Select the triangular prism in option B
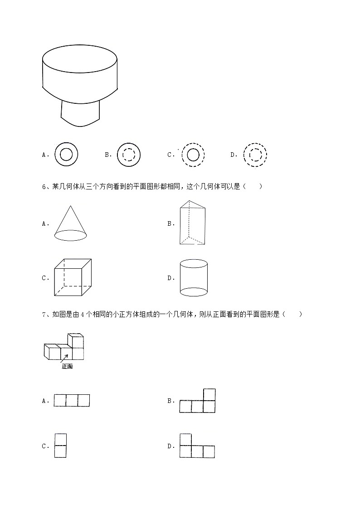pos(192,223)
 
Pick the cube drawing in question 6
pos(73,278)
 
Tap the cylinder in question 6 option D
pos(194,277)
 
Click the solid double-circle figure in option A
pos(66,155)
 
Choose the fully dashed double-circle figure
pos(254,155)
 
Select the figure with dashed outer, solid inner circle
pos(193,155)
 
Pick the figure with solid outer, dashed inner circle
pos(129,155)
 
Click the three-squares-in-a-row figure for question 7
pos(72,401)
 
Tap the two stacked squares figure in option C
pos(60,446)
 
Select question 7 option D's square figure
pos(197,446)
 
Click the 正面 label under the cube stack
pos(67,366)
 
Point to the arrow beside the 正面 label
pos(65,358)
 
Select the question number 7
pos(44,314)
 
